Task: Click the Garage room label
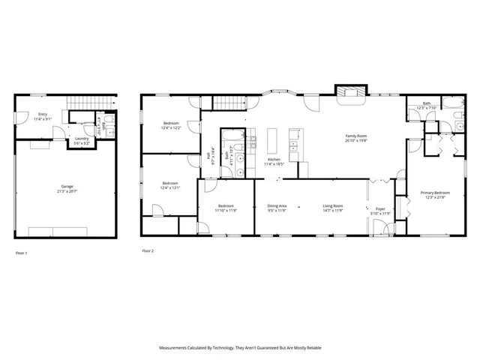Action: click(67, 187)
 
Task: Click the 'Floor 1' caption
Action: click(22, 253)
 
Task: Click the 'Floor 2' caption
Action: click(148, 250)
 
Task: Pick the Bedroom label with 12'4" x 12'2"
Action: click(171, 124)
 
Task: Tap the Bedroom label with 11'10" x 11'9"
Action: click(226, 208)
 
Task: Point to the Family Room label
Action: click(355, 137)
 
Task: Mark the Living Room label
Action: click(333, 208)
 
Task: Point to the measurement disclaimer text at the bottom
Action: click(239, 348)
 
